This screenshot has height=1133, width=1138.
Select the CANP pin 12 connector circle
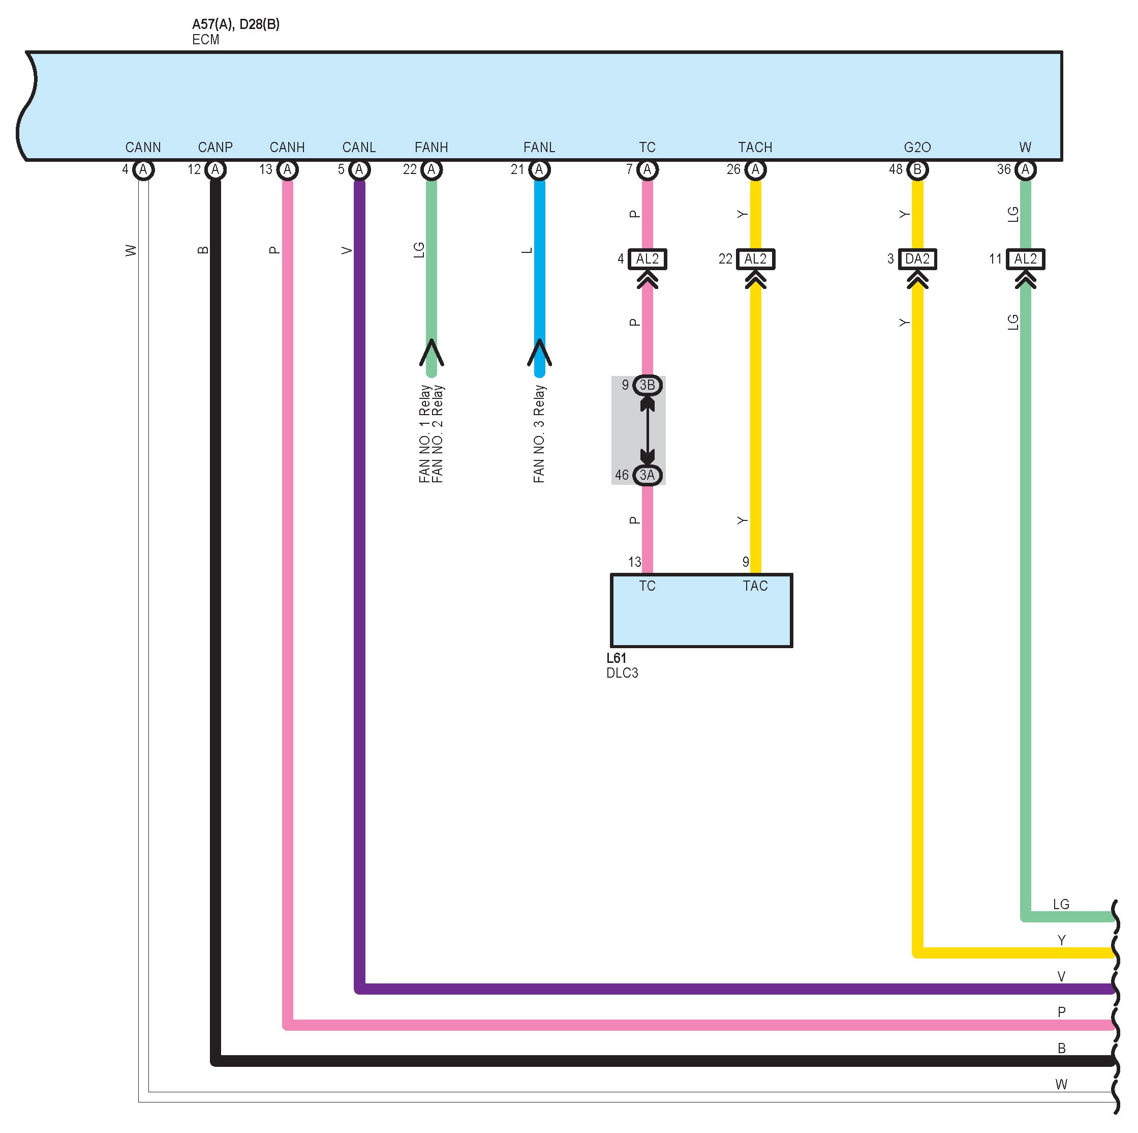coord(215,170)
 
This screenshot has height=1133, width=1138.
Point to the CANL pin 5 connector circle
coord(359,170)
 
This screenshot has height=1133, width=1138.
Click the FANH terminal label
coord(431,148)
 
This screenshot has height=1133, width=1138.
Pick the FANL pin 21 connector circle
coord(539,170)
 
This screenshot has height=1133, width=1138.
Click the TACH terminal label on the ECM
coord(755,148)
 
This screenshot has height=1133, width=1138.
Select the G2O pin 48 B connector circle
coord(917,170)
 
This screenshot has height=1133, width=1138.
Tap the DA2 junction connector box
coord(917,259)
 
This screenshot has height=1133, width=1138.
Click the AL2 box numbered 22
coord(755,259)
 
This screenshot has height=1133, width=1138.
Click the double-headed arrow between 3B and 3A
coord(648,430)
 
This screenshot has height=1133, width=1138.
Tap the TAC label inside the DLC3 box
coord(755,586)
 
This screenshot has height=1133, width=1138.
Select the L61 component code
coord(616,658)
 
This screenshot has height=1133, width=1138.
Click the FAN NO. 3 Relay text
coord(539,434)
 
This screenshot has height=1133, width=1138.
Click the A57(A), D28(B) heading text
coord(236,25)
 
